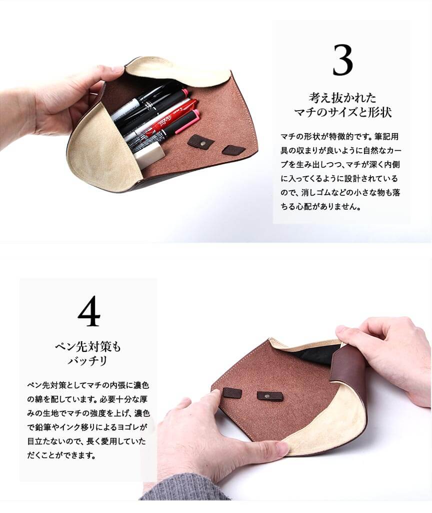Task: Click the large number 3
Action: pos(343,60)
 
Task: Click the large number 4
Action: pos(89,311)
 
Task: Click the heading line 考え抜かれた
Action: pos(342,98)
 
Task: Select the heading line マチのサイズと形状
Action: pos(342,112)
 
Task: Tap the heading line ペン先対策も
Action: pos(88,346)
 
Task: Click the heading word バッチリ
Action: pos(87,361)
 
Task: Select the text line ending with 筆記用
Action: pos(340,136)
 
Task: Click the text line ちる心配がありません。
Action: pos(320,206)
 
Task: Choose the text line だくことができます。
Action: pos(61,455)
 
